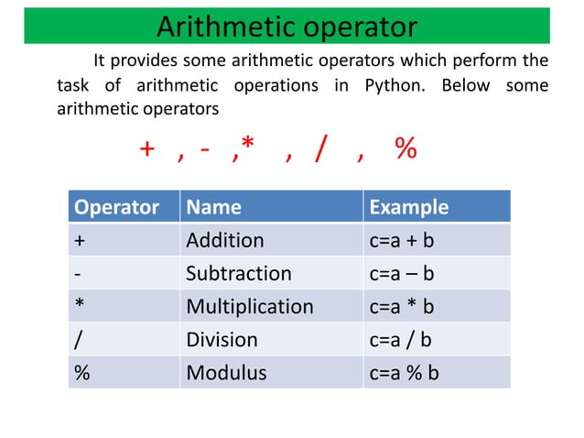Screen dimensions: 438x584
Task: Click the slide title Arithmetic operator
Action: click(287, 26)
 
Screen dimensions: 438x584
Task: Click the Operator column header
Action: click(116, 207)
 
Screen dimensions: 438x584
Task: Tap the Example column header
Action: click(408, 207)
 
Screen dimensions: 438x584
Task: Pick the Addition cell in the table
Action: click(224, 240)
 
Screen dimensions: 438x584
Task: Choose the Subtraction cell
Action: click(238, 273)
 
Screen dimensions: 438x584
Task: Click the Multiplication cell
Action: click(249, 306)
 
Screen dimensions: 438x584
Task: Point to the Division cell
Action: click(222, 340)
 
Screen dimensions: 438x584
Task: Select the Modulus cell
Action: click(226, 373)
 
